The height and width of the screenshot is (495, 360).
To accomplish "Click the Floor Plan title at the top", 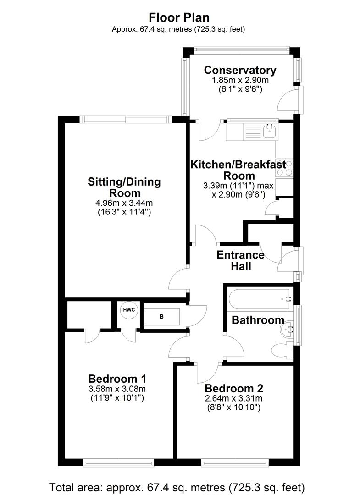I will (x=179, y=17).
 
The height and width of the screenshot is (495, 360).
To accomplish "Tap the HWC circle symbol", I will (x=129, y=310).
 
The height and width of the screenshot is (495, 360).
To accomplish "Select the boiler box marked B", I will (x=161, y=317).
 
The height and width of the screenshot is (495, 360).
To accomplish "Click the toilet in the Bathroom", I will (x=281, y=351).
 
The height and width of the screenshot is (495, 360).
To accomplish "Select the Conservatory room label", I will (x=240, y=70).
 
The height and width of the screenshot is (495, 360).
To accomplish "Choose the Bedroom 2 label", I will (x=234, y=389).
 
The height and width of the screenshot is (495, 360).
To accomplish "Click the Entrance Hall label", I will (x=240, y=260).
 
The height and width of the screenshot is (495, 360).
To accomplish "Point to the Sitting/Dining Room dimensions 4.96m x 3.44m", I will (x=124, y=203).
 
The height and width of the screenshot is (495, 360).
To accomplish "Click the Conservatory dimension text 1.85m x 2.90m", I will (x=240, y=80).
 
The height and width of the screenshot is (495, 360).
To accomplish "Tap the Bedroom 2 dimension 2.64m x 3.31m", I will (x=234, y=398).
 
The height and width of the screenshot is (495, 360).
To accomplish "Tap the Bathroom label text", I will (x=258, y=320).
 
